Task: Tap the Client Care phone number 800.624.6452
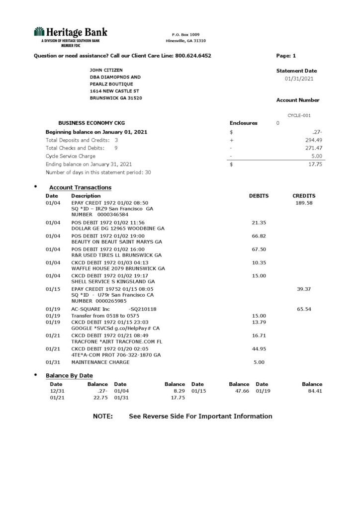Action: coord(193,56)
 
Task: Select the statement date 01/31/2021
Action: coord(299,79)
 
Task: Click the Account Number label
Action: coord(297,100)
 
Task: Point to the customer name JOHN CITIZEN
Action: coord(106,70)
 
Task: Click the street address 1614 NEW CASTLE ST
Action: coord(114,91)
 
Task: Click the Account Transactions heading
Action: coord(80,187)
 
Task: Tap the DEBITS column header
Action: coord(259,196)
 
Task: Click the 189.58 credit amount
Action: coord(303,203)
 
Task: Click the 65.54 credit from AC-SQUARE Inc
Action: coord(304,309)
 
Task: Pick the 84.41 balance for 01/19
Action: coord(312,391)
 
